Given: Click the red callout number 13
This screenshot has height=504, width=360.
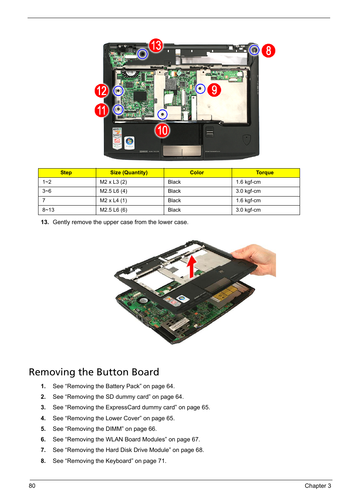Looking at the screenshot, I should point(156,45).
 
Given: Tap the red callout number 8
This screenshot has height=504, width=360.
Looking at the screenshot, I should point(268,51).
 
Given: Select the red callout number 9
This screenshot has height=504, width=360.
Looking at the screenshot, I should point(214,90).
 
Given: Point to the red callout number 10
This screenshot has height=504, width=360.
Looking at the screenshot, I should point(162,131).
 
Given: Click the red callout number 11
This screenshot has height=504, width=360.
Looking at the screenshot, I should point(102,110).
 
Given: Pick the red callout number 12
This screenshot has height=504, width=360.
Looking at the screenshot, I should point(102,91).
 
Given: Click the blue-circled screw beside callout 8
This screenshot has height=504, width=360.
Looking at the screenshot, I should point(254,50).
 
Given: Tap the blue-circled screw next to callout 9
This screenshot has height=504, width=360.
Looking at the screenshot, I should point(200,89).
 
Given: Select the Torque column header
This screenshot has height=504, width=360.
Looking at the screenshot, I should point(265,172).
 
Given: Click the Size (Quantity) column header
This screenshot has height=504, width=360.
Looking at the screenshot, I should point(129,172).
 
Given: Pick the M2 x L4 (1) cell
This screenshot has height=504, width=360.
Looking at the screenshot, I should point(114,200).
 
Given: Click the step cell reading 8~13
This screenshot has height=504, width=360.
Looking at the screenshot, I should point(48,210).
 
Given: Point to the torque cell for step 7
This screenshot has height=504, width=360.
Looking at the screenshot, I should point(248,200).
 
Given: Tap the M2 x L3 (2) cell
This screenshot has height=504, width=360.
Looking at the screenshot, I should point(114,182).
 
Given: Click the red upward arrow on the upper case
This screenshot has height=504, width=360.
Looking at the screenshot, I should point(192,266).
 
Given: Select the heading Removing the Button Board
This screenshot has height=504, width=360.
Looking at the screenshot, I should point(94,372).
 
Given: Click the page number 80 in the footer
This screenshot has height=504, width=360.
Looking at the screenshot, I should point(32,486).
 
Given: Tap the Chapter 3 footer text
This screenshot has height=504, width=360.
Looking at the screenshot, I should point(318,486).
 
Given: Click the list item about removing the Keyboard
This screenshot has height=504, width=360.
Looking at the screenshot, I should point(109,461).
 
